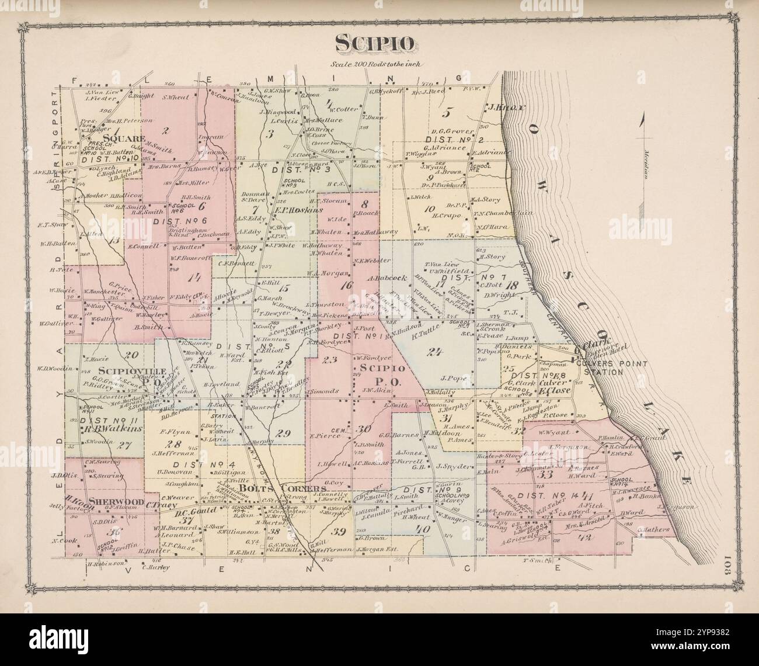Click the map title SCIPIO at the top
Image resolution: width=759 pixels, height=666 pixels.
[375, 43]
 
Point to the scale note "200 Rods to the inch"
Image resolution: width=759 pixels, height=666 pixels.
[375, 65]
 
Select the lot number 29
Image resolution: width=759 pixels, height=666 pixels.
[283, 433]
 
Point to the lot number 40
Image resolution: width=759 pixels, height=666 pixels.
[418, 529]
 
